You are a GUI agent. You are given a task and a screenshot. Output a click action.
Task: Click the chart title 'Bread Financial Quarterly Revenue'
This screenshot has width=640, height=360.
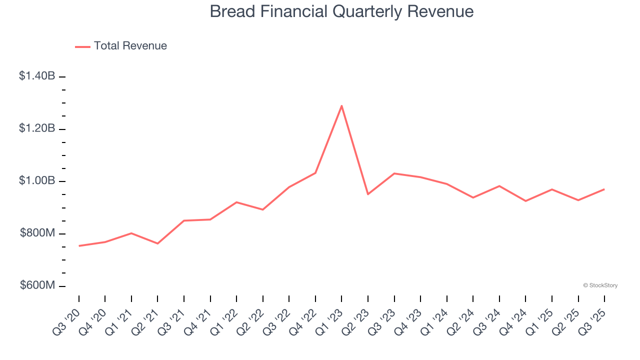click(x=341, y=11)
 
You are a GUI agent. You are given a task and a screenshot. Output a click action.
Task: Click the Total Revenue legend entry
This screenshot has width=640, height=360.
click(x=121, y=46)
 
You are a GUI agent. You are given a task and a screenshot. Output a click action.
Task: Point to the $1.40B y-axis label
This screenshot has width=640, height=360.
click(x=37, y=76)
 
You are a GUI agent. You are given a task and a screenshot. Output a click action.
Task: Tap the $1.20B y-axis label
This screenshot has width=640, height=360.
click(x=37, y=128)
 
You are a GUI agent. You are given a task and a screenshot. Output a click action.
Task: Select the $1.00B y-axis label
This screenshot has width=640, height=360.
click(x=37, y=180)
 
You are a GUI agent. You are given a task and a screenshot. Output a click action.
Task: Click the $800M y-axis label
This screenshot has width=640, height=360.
click(x=37, y=233)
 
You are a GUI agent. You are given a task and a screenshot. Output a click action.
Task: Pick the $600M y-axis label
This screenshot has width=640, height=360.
click(x=37, y=285)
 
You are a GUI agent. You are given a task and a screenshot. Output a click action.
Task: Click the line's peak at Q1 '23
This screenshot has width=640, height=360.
click(x=341, y=105)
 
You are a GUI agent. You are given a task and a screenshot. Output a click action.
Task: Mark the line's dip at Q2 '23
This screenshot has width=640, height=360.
click(x=368, y=194)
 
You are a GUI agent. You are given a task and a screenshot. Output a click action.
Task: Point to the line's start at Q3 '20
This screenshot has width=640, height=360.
click(x=79, y=246)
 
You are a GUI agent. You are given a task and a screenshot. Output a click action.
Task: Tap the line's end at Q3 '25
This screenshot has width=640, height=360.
click(x=604, y=189)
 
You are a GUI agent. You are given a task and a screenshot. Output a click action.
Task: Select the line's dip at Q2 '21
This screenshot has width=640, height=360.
click(x=157, y=243)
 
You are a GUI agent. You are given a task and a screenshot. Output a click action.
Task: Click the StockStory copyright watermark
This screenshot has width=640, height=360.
click(x=600, y=285)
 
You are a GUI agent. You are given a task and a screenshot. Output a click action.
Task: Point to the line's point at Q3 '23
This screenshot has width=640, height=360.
click(x=394, y=173)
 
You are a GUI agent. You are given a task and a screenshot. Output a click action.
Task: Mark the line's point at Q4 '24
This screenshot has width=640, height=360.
click(x=525, y=201)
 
